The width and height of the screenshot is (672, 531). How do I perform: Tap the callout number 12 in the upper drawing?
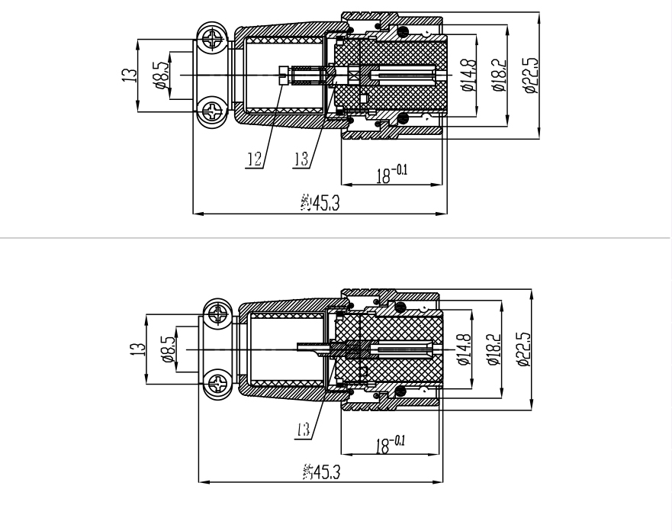click(x=255, y=159)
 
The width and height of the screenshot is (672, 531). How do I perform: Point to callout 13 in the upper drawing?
click(x=301, y=159)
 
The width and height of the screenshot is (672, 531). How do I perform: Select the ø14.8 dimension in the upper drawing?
click(x=468, y=75)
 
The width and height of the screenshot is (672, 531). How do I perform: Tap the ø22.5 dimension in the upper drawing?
click(x=531, y=75)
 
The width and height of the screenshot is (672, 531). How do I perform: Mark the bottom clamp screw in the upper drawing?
click(x=213, y=111)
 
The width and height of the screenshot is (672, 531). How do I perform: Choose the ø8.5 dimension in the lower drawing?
click(x=168, y=349)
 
